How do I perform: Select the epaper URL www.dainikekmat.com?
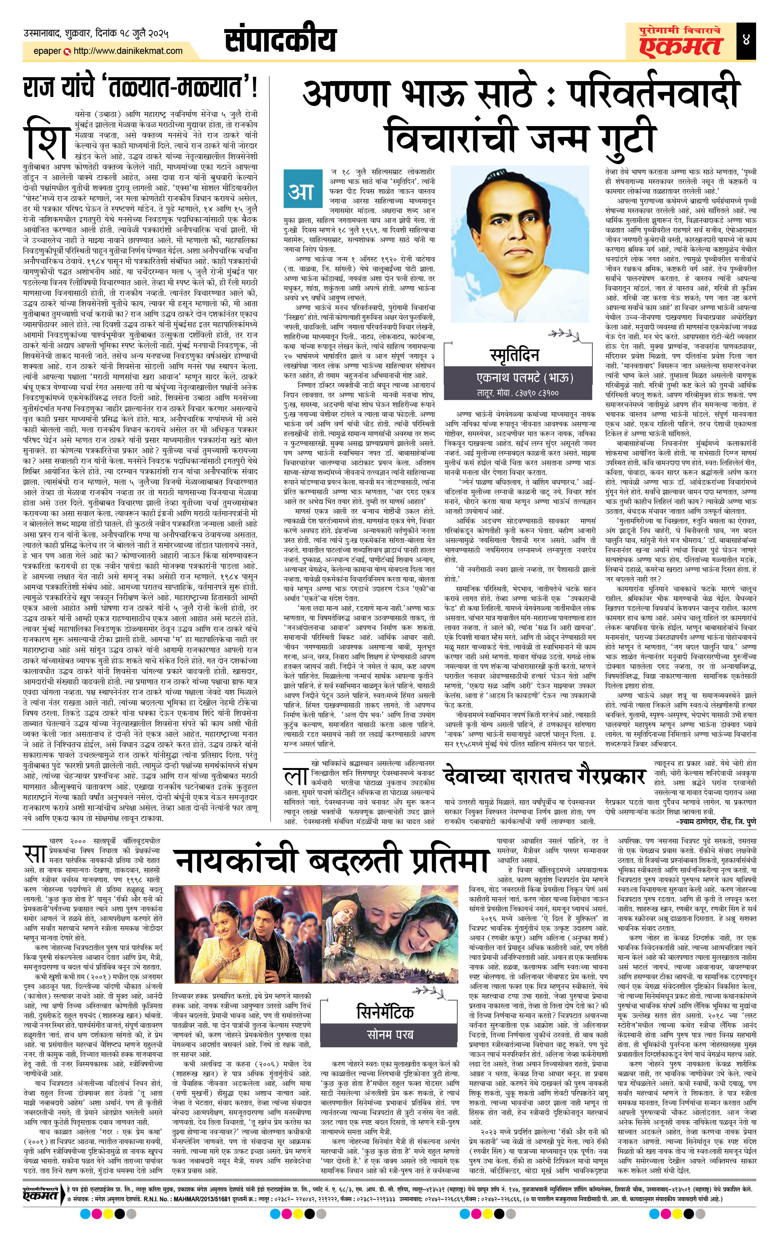pyautogui.click(x=128, y=51)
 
